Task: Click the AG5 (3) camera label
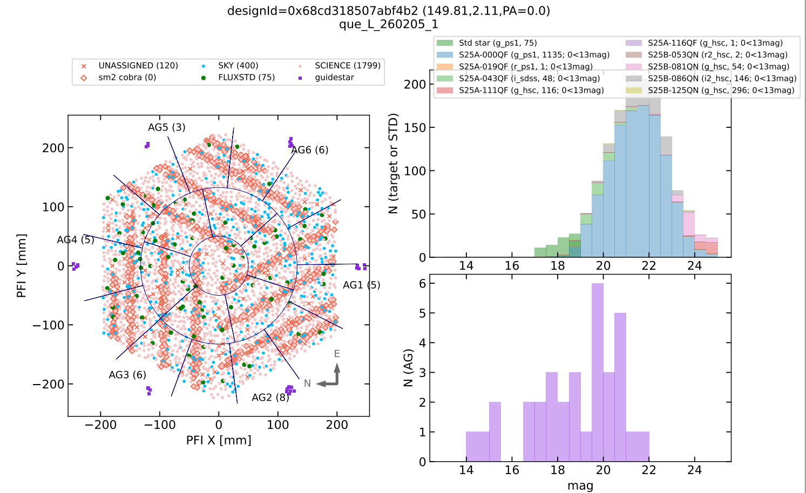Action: pyautogui.click(x=166, y=127)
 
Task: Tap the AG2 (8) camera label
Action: pyautogui.click(x=270, y=398)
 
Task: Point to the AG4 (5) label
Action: pyautogui.click(x=76, y=239)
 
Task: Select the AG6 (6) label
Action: pyautogui.click(x=310, y=150)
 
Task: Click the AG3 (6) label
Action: pyautogui.click(x=127, y=375)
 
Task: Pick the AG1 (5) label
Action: pyautogui.click(x=362, y=285)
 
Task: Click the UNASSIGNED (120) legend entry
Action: pyautogui.click(x=138, y=66)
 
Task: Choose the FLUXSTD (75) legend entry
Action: pyautogui.click(x=246, y=78)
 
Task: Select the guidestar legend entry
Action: pyautogui.click(x=334, y=78)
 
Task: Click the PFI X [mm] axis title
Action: pyautogui.click(x=219, y=440)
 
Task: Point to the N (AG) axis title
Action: pyautogui.click(x=409, y=368)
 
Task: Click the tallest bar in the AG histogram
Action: pyautogui.click(x=598, y=372)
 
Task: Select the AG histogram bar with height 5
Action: pyautogui.click(x=620, y=387)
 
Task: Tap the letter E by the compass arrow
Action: pyautogui.click(x=337, y=354)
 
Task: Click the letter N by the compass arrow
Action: pyautogui.click(x=307, y=384)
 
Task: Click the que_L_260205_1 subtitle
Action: pyautogui.click(x=389, y=24)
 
